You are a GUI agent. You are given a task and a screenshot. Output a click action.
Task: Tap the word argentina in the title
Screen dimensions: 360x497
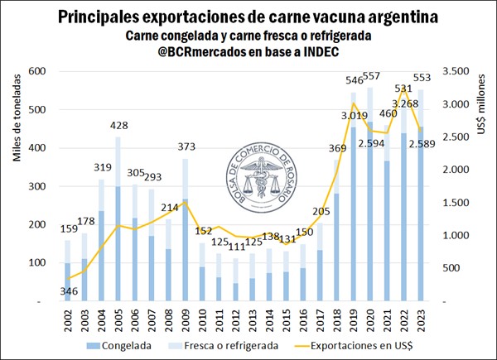pyautogui.click(x=393, y=17)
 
